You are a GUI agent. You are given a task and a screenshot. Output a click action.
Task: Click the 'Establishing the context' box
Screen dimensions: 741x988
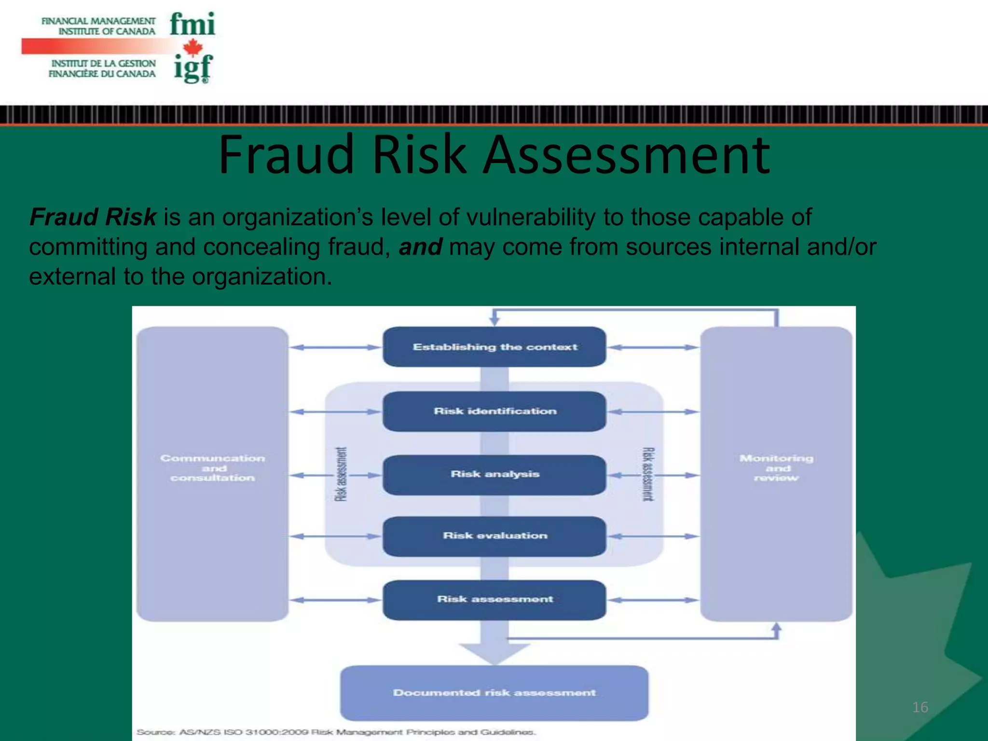[494, 347]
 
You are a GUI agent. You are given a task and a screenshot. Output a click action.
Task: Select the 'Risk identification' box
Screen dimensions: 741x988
[494, 411]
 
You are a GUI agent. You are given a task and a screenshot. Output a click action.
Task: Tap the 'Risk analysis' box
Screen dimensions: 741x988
[494, 474]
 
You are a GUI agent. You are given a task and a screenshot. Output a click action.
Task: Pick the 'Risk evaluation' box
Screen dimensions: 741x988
[494, 536]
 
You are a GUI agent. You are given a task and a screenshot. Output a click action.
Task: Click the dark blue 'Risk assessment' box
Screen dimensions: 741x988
[494, 599]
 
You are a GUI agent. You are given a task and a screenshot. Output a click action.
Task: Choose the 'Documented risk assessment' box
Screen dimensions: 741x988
[494, 693]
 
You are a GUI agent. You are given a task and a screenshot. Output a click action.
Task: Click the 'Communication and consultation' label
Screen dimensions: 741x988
[213, 468]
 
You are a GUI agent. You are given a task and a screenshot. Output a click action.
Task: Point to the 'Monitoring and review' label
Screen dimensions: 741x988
[776, 468]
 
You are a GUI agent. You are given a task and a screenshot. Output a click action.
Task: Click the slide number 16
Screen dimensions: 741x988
[920, 707]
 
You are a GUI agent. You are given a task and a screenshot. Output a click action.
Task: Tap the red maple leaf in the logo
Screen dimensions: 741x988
[193, 47]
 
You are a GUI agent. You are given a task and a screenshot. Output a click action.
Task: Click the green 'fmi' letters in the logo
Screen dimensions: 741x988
[192, 24]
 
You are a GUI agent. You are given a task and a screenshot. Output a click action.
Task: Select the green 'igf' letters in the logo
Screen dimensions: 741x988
[193, 69]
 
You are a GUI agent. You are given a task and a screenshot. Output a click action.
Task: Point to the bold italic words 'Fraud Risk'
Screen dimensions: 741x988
[93, 217]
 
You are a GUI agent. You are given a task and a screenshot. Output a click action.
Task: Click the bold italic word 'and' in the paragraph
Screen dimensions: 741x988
[420, 247]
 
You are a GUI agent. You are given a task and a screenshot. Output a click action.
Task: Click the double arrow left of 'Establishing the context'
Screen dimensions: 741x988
[336, 347]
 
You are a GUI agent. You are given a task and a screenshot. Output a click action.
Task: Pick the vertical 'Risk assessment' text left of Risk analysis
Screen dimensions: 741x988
[341, 474]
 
